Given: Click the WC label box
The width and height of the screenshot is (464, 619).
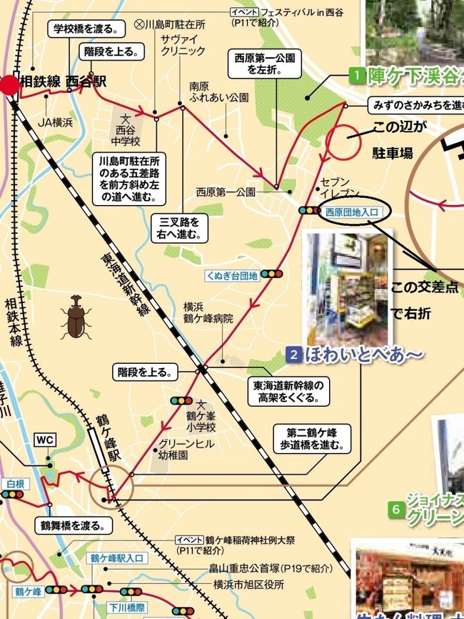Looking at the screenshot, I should pos(44,440).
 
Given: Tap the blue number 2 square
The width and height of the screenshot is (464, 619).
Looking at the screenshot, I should pos(294,354).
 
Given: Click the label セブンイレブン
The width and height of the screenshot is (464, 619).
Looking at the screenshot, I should pos(334,188).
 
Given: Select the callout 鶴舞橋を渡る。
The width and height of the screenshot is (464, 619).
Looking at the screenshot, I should pos(73,525).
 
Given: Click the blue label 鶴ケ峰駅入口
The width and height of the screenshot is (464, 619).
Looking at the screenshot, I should pos(116,556).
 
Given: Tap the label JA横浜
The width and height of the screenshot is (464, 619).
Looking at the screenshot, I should pos(56,122).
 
